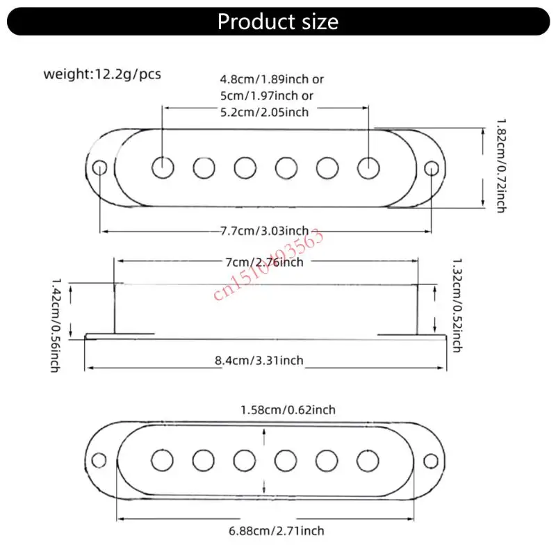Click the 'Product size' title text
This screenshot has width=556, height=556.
coord(278,22)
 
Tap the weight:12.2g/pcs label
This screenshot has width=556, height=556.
coord(102,74)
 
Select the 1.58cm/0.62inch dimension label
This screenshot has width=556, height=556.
coord(288,409)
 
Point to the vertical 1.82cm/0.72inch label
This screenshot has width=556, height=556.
coord(500,165)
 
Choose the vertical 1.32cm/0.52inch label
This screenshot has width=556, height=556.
coord(457,304)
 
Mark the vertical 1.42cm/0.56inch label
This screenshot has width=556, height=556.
coord(55,322)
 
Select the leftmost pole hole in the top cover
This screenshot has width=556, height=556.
coord(163,167)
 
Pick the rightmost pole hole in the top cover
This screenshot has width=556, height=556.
coord(368,167)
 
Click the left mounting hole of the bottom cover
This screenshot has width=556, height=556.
coord(101,459)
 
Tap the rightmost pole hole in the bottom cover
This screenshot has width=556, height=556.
coord(368,459)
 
